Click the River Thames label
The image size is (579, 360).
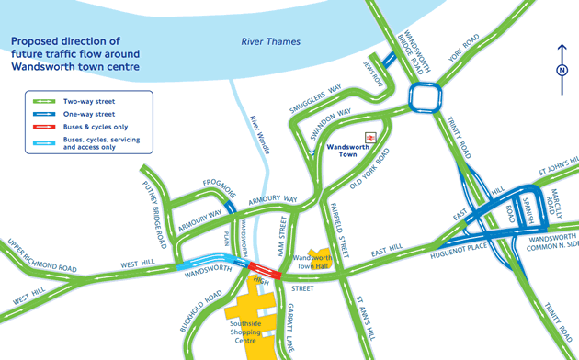271,42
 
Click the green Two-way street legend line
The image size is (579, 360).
46,101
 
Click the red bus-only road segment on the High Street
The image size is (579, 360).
260,268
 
